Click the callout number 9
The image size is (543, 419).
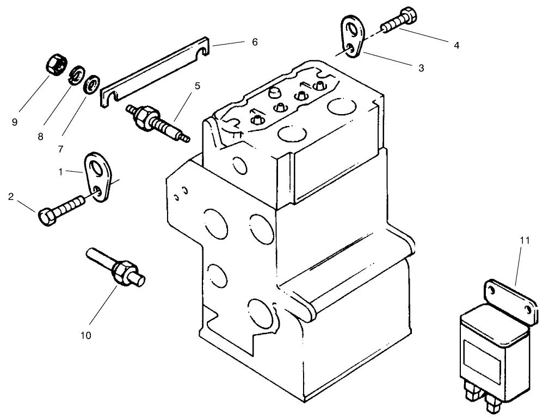(15, 122)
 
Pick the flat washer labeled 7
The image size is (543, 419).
(92, 84)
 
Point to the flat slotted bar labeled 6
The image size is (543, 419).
(155, 70)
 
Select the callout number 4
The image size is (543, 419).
(456, 46)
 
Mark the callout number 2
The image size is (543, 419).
(10, 197)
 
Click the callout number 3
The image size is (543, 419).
(421, 68)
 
